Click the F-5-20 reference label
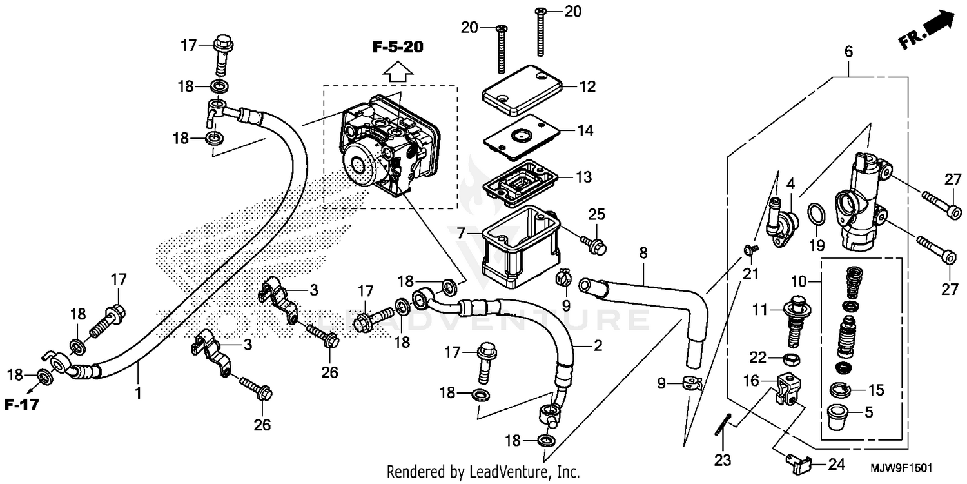(398, 47)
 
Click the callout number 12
(587, 86)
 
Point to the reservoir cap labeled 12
(523, 92)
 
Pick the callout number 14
(585, 131)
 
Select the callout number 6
(848, 52)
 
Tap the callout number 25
(596, 214)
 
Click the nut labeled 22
(789, 359)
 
